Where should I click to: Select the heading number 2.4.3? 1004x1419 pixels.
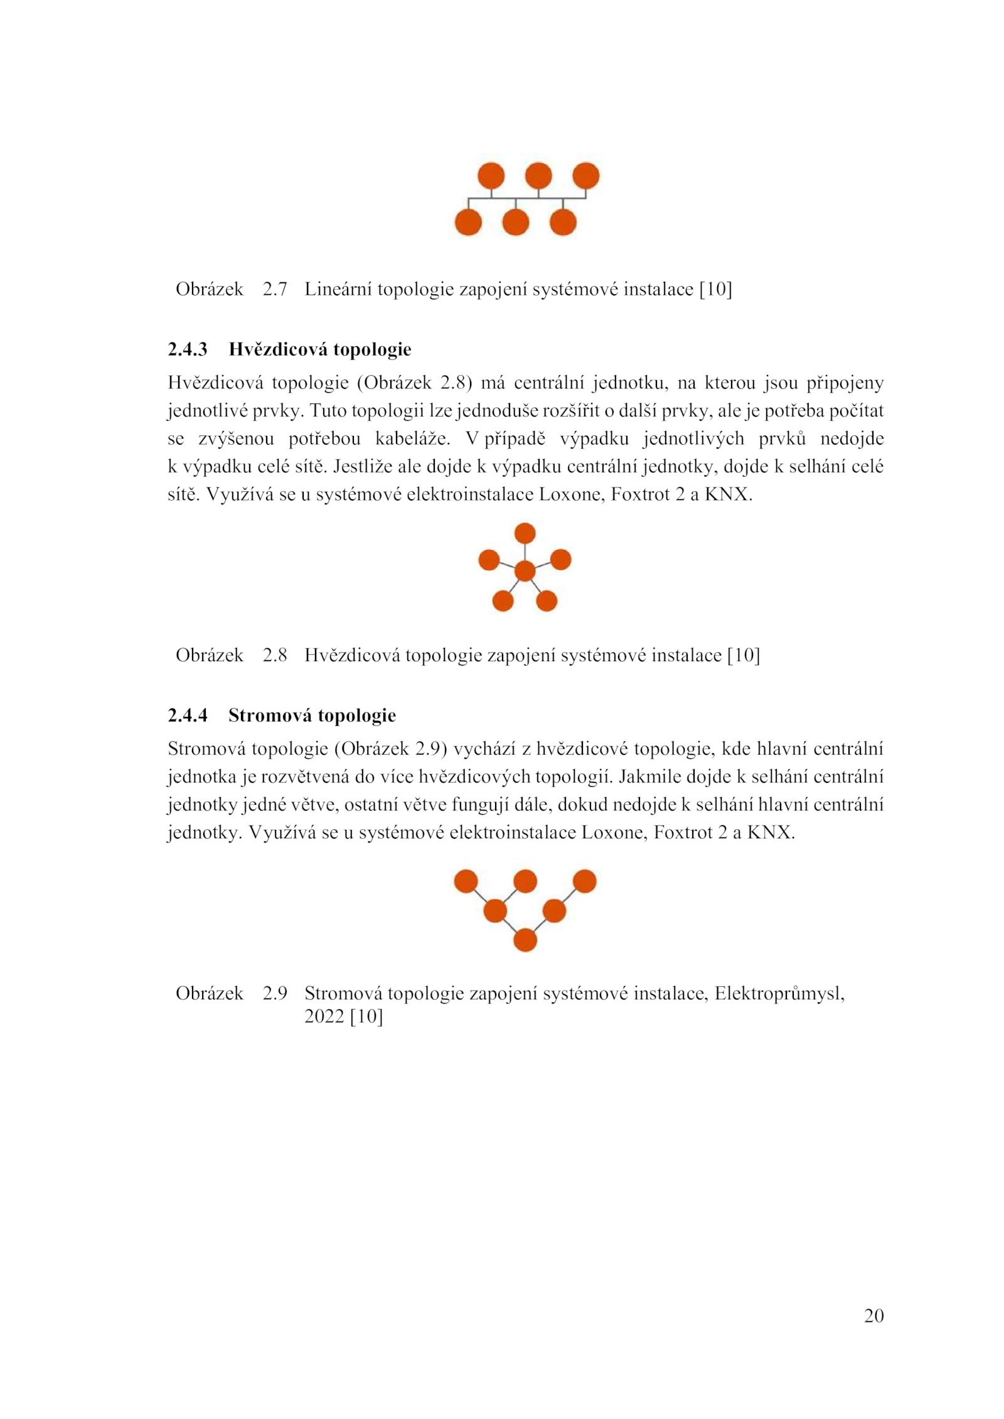pos(187,349)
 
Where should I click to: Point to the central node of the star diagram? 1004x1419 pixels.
pos(525,571)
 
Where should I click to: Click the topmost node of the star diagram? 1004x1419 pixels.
pos(525,534)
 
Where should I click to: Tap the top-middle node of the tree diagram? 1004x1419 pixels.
pos(525,881)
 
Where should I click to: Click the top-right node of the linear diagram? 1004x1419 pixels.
pos(585,176)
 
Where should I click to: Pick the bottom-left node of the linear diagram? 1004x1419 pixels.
pos(468,222)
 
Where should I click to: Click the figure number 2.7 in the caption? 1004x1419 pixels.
pos(274,289)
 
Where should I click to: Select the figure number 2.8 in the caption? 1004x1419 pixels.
pos(274,656)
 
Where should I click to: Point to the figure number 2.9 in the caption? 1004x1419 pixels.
pos(274,994)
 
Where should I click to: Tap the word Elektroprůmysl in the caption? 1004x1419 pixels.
pos(779,994)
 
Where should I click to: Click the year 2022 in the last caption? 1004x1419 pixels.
pos(324,1016)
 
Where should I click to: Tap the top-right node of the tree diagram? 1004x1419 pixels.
pos(584,881)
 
